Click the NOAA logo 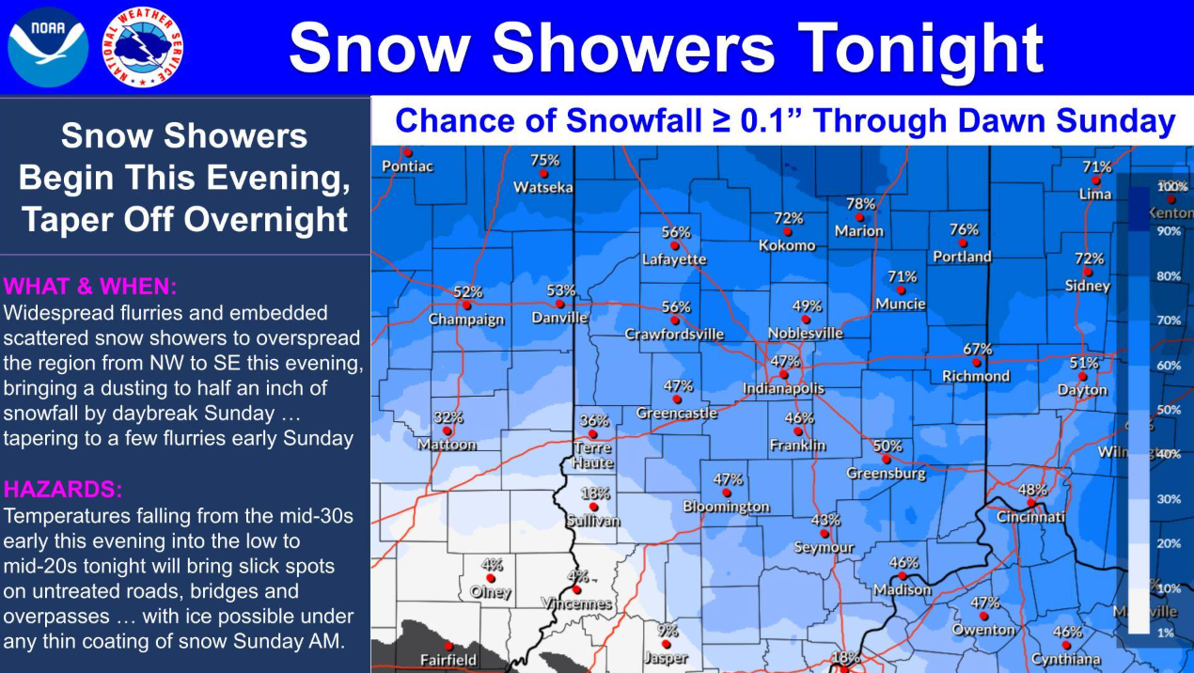(47, 47)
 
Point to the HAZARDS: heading (63, 489)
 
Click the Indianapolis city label (783, 388)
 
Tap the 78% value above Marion (860, 203)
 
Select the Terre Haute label (593, 456)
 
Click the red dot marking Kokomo (788, 231)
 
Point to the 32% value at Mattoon (448, 417)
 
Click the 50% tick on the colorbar (1169, 410)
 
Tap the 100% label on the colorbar (1172, 187)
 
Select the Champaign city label (466, 320)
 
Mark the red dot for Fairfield (448, 646)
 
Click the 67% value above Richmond (978, 349)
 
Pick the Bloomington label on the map (726, 507)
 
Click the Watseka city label (542, 188)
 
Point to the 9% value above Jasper (668, 631)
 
